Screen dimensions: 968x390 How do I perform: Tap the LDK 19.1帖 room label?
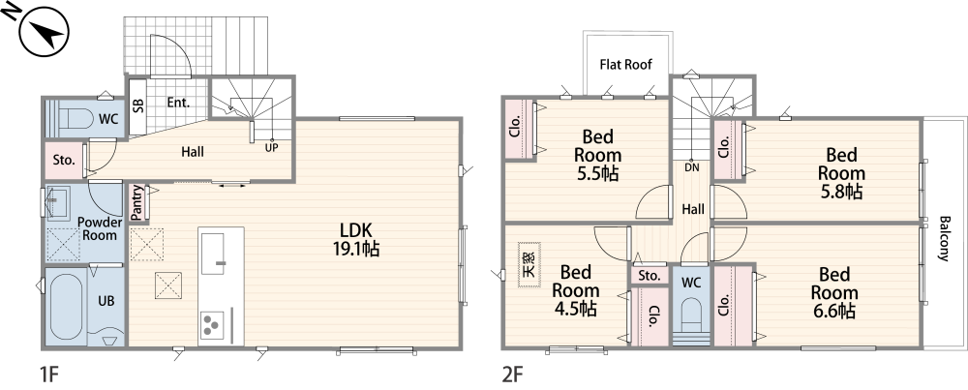tap(356, 239)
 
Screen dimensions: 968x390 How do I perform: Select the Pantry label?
tap(137, 202)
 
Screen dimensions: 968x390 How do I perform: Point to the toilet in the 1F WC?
tap(76, 117)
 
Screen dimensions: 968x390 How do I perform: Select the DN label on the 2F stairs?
tap(691, 166)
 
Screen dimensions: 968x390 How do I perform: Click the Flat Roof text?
tap(626, 64)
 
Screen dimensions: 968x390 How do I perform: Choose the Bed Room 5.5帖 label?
tap(597, 155)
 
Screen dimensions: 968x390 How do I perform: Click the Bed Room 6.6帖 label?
tap(834, 292)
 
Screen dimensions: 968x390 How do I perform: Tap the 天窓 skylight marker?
tap(529, 264)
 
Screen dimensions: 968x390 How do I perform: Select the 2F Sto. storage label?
tap(650, 276)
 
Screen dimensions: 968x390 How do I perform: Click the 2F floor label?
tap(513, 374)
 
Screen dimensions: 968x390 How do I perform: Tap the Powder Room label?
tap(100, 228)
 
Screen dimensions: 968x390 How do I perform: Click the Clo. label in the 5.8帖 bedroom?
tap(725, 147)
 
